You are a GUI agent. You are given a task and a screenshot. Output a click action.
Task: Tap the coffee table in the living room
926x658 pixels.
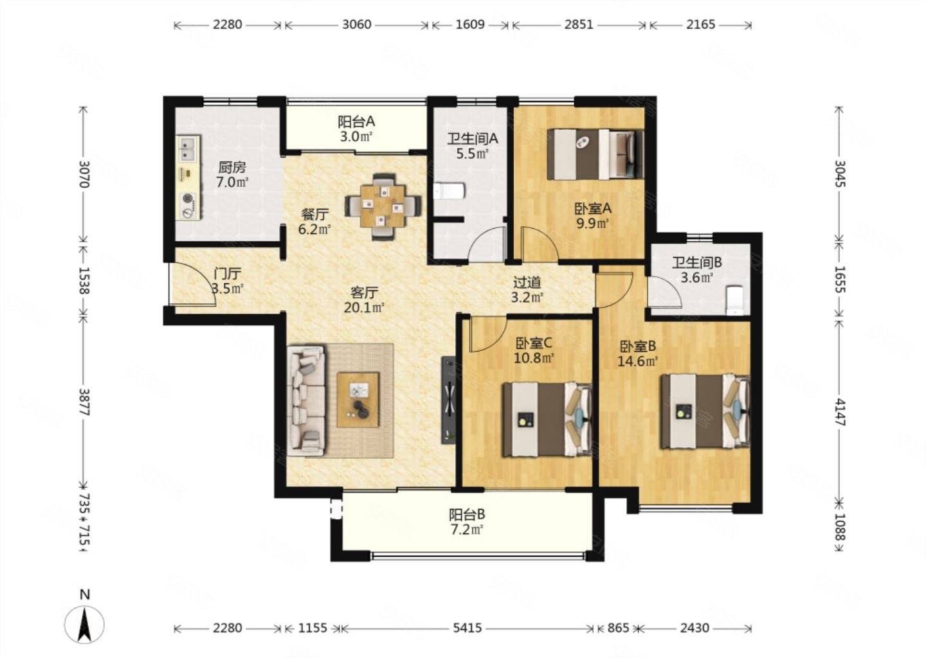358,400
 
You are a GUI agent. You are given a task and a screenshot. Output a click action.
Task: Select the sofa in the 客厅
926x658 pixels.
306,401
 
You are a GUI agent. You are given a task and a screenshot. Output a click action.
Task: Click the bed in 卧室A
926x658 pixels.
595,155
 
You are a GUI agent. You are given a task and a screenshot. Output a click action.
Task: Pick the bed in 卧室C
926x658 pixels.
547,419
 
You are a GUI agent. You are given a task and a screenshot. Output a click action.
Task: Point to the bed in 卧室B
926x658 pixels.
705,411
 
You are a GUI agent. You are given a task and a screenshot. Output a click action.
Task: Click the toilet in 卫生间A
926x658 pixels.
449,191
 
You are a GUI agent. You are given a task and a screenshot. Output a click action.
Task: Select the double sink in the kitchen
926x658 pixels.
188,150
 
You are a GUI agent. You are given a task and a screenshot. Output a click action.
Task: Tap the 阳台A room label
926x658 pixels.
356,122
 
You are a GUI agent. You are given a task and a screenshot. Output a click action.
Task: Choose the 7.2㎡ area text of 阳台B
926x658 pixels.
467,530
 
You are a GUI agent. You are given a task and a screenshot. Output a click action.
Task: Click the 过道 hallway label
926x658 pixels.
527,283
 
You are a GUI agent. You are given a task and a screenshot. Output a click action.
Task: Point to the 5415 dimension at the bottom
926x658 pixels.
467,628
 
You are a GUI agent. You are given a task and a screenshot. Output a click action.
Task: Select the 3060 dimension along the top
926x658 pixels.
357,25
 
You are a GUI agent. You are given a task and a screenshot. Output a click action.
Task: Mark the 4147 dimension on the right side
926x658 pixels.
840,412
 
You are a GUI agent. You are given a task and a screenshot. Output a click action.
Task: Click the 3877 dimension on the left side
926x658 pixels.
84,402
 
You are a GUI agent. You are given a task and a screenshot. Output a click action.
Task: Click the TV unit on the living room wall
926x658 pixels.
449,400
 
